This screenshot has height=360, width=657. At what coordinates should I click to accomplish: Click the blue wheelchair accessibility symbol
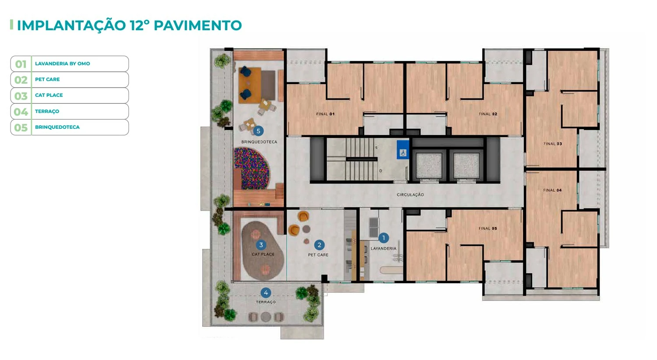point(403,149)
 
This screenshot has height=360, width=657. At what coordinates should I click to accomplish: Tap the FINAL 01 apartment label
point(325,114)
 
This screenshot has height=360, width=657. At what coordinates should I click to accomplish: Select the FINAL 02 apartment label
point(488,114)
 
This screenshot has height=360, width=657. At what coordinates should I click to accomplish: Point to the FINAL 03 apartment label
point(553,144)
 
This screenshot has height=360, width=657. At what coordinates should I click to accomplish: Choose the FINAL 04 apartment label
point(552,190)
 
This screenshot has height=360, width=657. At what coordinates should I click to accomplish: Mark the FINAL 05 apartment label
point(488,228)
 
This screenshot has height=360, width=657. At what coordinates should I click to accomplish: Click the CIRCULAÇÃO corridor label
point(410,194)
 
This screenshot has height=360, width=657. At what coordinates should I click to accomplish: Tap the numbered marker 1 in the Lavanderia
point(383,238)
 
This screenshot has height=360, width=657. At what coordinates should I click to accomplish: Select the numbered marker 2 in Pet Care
point(319,245)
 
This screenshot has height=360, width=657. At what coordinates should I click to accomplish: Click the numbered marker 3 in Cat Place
point(261,245)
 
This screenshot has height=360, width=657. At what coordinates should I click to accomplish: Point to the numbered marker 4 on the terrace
point(266,293)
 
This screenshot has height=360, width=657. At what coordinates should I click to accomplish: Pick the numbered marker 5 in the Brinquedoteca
point(258,131)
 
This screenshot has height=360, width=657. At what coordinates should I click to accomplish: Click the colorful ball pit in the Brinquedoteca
point(252,169)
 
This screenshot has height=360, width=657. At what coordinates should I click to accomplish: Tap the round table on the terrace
point(266,317)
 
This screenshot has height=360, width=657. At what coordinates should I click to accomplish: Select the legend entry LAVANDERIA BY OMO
point(63,64)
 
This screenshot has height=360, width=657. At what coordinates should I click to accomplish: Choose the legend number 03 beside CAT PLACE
point(21,96)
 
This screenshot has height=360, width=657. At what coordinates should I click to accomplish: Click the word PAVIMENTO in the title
point(198,25)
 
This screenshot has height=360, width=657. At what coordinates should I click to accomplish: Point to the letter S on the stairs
point(376,148)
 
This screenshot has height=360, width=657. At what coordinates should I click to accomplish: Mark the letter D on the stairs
point(381,171)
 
